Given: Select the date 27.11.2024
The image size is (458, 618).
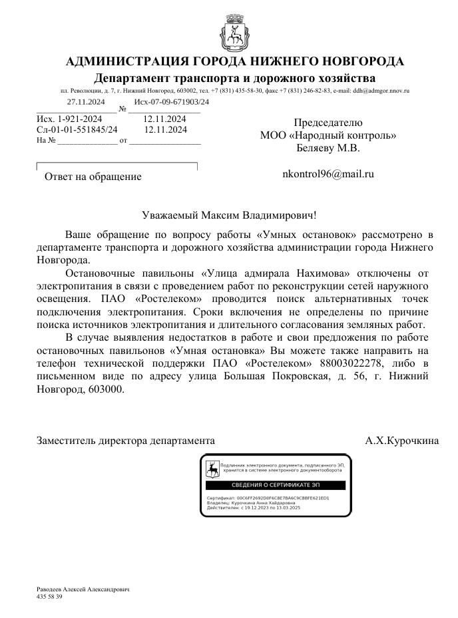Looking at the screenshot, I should (x=87, y=102).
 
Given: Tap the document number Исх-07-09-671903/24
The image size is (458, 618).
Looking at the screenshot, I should (x=171, y=102).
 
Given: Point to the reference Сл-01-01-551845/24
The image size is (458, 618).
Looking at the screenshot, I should (x=77, y=129).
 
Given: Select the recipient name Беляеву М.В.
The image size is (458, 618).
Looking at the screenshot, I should (x=328, y=148).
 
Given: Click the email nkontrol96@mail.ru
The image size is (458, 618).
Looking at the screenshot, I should (x=328, y=174).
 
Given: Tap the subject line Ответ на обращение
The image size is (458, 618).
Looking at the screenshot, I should (x=93, y=177).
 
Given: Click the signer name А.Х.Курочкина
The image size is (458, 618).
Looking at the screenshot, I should (x=401, y=441).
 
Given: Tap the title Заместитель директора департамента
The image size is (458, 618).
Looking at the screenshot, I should (x=126, y=441).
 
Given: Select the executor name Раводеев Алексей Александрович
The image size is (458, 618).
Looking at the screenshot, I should (x=82, y=590).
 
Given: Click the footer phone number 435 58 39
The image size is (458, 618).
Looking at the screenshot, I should (x=49, y=597).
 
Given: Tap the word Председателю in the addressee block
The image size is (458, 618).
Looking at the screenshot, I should (x=328, y=123).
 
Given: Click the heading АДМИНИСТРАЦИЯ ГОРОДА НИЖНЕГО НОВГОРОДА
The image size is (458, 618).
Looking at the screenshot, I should (x=235, y=62).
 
